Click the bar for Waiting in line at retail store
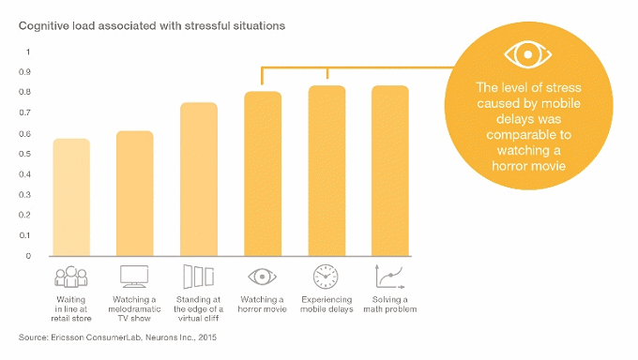click(x=71, y=197)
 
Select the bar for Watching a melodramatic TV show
click(x=135, y=193)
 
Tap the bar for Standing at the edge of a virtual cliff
click(x=199, y=179)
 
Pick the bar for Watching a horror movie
click(x=263, y=173)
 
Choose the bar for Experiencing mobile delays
click(x=327, y=171)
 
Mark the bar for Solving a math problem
click(x=390, y=171)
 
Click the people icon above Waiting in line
click(x=71, y=277)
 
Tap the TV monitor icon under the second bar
click(x=135, y=277)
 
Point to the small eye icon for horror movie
click(x=263, y=277)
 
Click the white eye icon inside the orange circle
click(x=529, y=53)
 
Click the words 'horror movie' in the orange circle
click(x=529, y=166)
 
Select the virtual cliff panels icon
click(x=199, y=277)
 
